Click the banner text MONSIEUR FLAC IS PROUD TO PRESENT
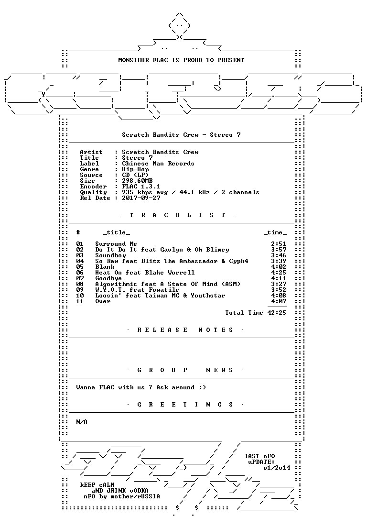(x=181, y=60)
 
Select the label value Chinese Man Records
(x=158, y=164)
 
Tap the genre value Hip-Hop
(x=135, y=169)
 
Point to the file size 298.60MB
(x=137, y=181)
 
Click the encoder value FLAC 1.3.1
(x=141, y=187)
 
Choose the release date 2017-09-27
(x=141, y=198)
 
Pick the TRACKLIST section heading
(x=178, y=215)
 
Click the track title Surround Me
(x=116, y=244)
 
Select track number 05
(x=80, y=267)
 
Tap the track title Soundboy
(x=110, y=255)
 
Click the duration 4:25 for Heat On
(x=279, y=273)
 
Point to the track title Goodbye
(x=108, y=278)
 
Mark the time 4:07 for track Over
(x=279, y=301)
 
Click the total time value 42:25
(x=277, y=313)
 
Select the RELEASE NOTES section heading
(x=185, y=330)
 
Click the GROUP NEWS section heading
(x=185, y=370)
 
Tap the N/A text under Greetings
(x=82, y=422)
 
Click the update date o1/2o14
(x=277, y=468)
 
